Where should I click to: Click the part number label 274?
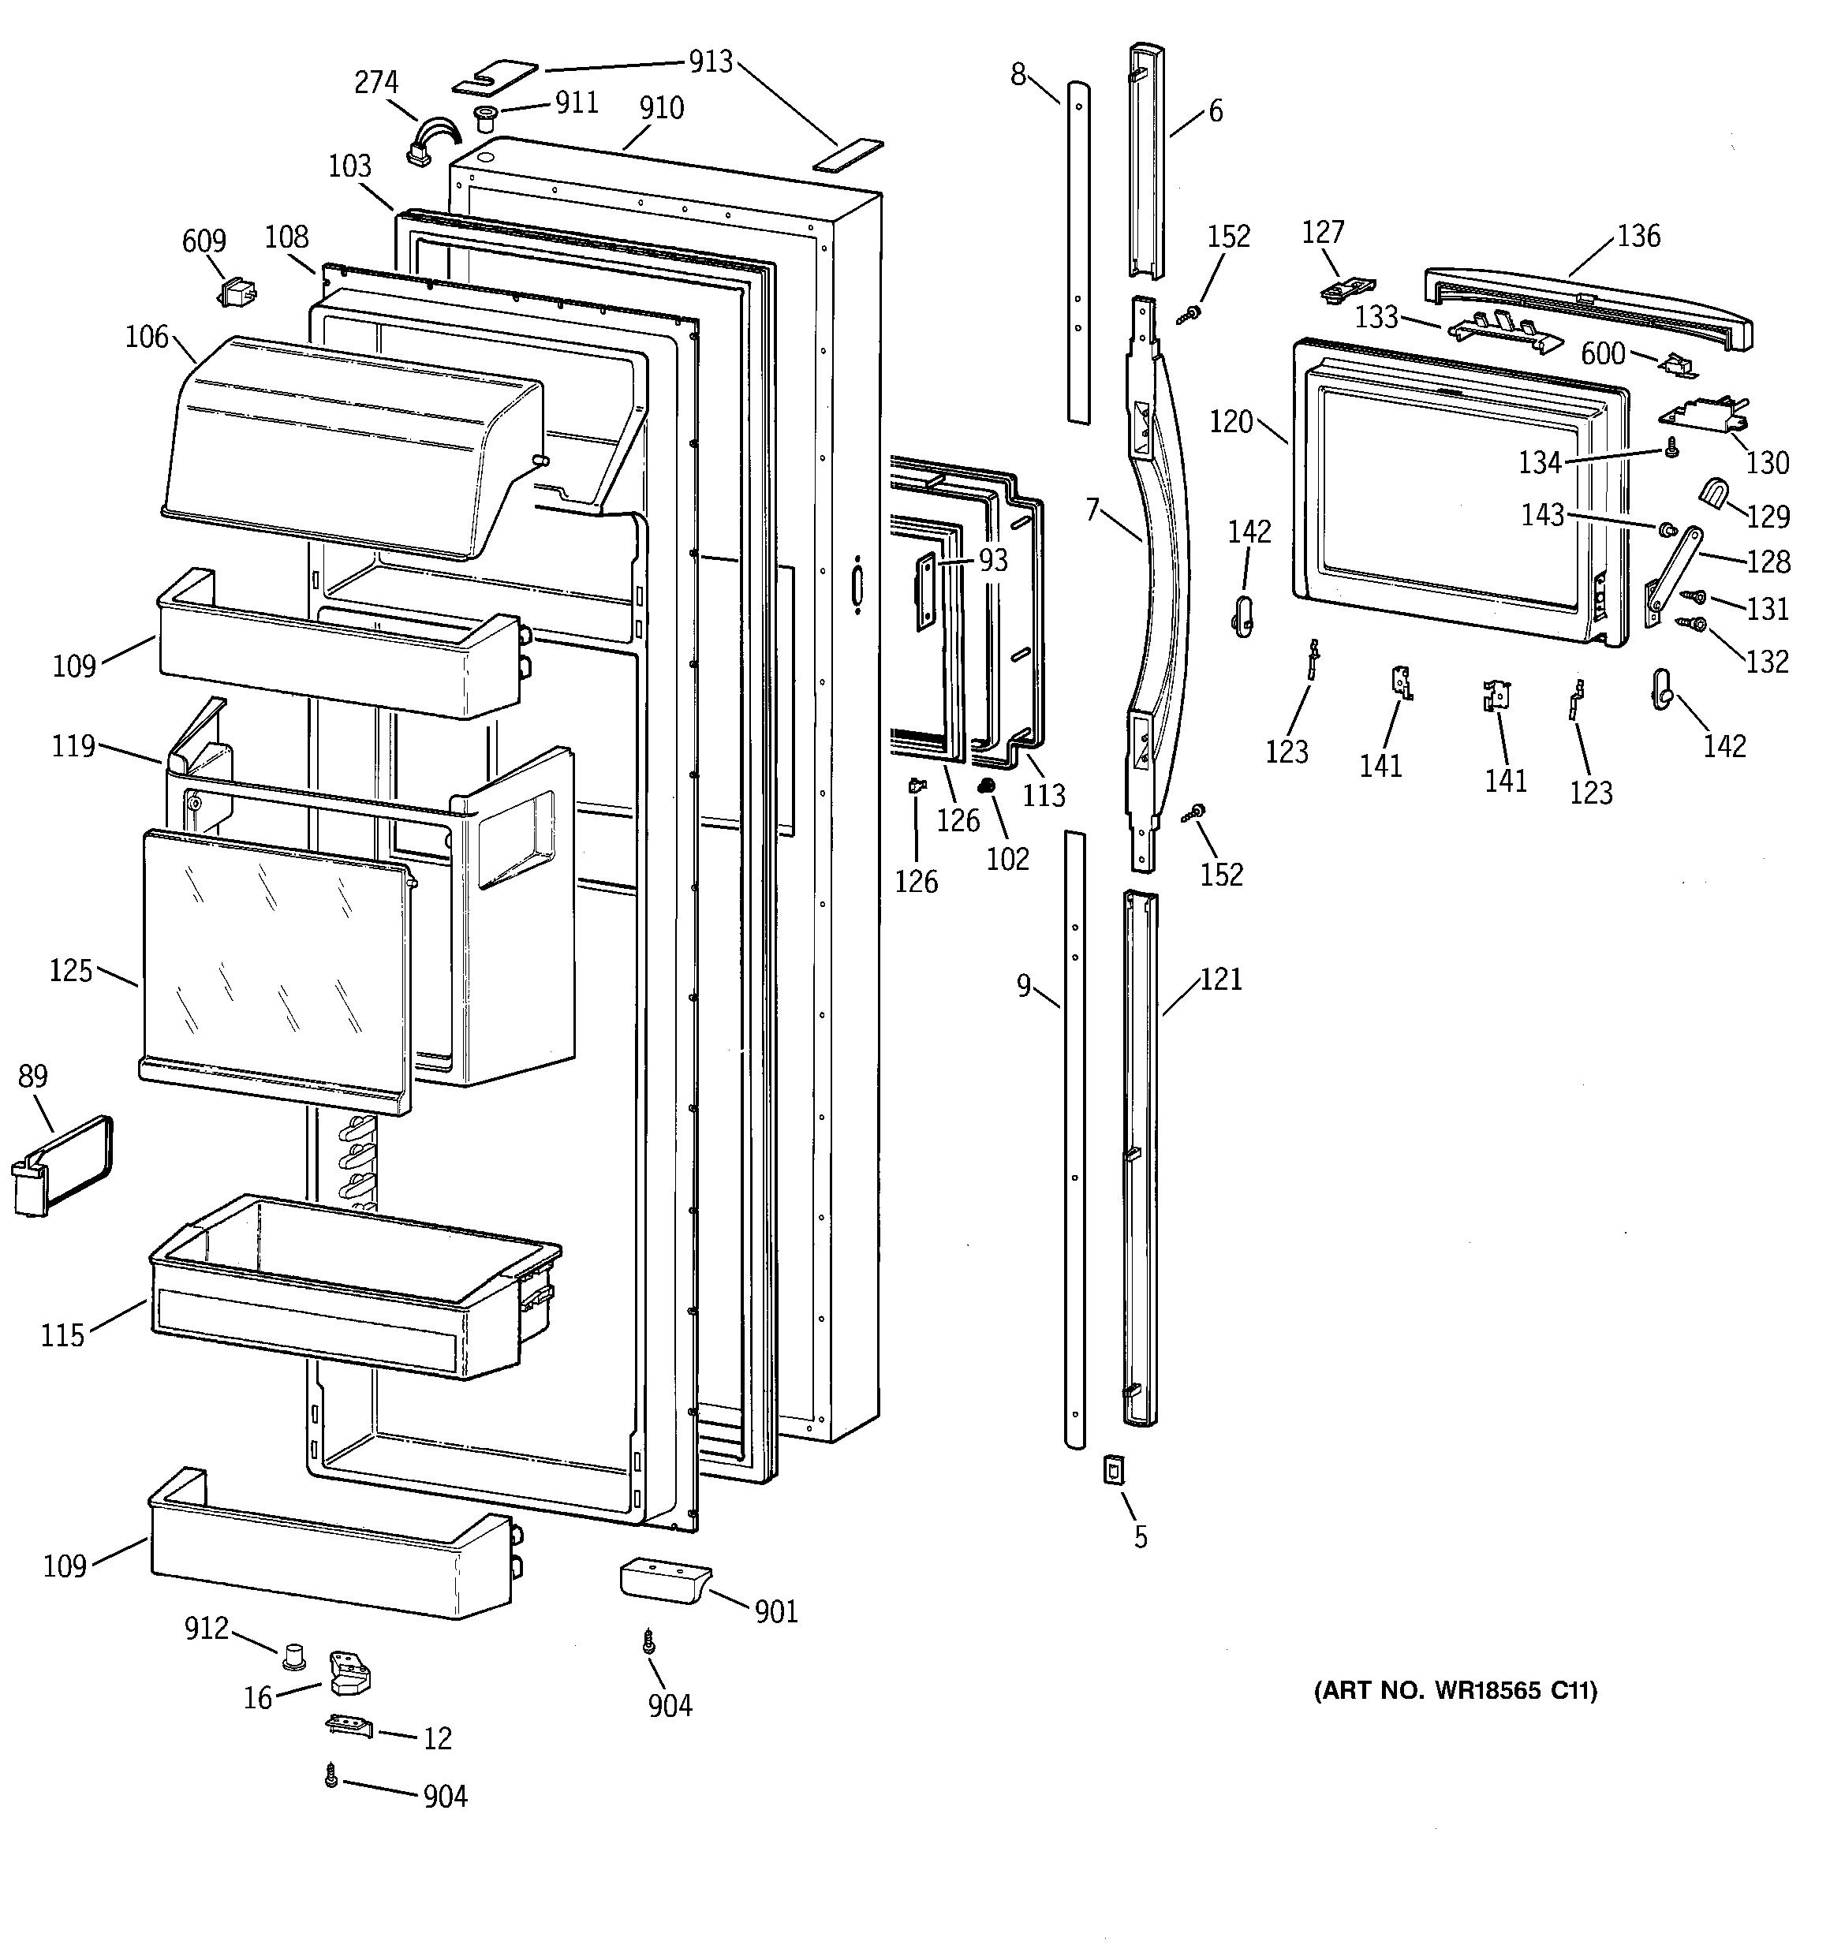coord(376,83)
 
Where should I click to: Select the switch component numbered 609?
coord(236,292)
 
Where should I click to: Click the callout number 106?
coord(148,337)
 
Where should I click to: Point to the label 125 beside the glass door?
coord(71,970)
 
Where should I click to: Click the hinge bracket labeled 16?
coord(349,1672)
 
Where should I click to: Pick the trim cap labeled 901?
coord(663,1581)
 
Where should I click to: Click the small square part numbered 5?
coord(1113,1470)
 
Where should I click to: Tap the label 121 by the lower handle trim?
coord(1221,979)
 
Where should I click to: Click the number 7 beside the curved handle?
coord(1092,509)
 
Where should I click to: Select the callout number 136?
coord(1638,236)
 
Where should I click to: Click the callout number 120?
coord(1230,422)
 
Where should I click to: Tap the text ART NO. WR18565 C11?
coord(1455,1691)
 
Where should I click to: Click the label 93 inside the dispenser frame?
coord(993,560)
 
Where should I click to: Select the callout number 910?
coord(661,108)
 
